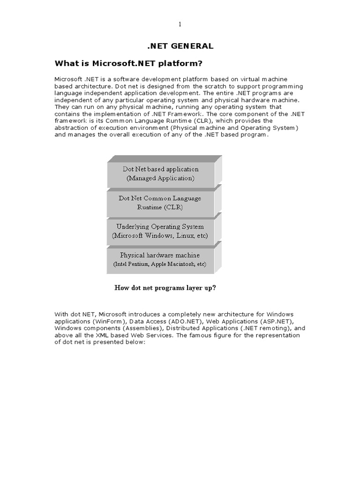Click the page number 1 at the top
(x=180, y=24)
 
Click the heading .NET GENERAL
(x=180, y=46)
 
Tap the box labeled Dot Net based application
(x=161, y=174)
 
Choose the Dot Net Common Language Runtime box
(x=161, y=202)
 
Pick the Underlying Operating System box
(x=161, y=231)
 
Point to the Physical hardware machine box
(x=161, y=260)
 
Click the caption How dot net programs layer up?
(x=165, y=288)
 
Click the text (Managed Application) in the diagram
(x=160, y=179)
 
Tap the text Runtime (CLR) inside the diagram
(x=160, y=207)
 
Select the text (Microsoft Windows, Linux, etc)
(x=160, y=235)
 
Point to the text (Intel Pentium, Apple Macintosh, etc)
(x=160, y=264)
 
